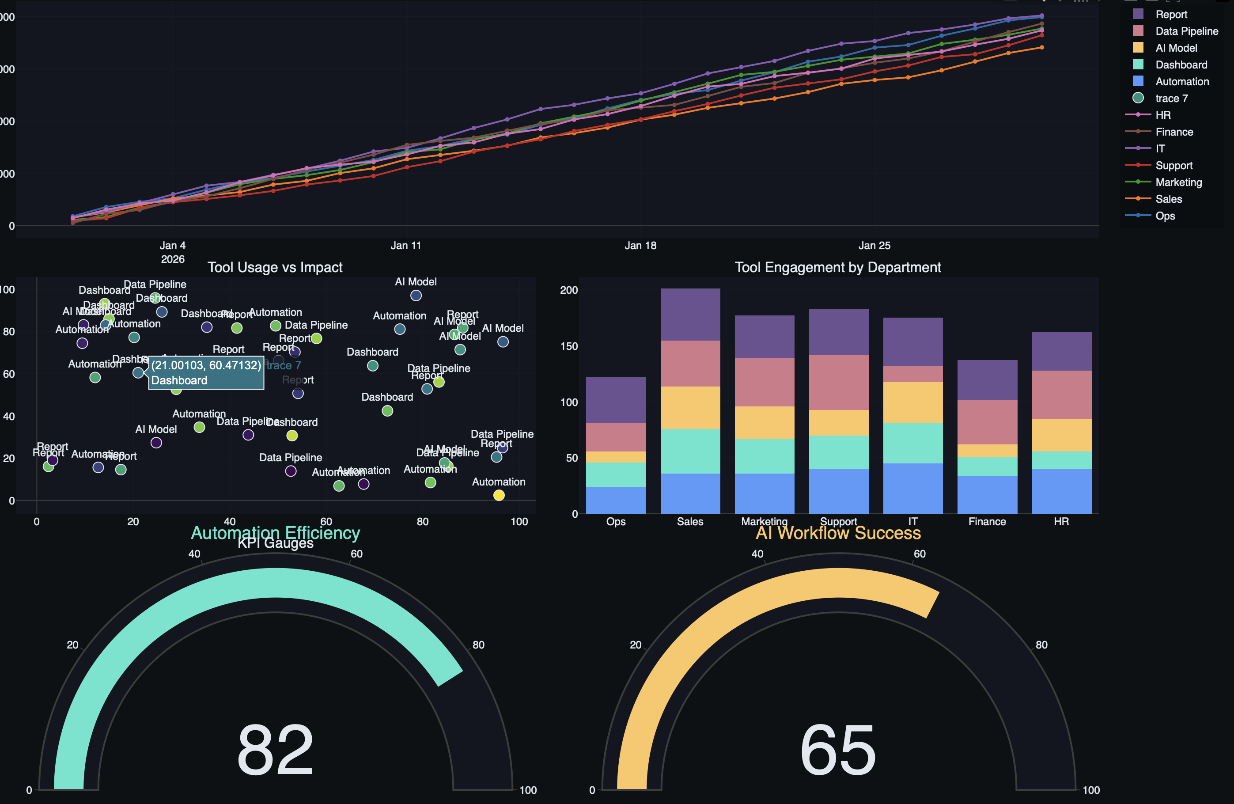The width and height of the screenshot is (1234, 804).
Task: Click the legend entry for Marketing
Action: pyautogui.click(x=1178, y=182)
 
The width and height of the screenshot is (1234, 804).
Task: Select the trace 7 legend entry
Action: pyautogui.click(x=1171, y=98)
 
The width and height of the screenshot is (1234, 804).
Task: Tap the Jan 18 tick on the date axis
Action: pyautogui.click(x=640, y=245)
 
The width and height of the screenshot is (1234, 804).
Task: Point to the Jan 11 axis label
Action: pyautogui.click(x=405, y=245)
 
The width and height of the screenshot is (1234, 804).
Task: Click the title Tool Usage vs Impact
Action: pyautogui.click(x=275, y=267)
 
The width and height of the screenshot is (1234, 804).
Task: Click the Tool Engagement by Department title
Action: pyautogui.click(x=837, y=267)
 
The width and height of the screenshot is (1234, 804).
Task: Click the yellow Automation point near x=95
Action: pyautogui.click(x=499, y=495)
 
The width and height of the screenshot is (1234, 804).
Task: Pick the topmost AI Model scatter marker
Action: pyautogui.click(x=416, y=296)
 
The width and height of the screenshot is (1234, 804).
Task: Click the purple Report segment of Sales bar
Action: pyautogui.click(x=690, y=315)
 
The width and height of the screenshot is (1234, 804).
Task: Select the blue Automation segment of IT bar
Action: pyautogui.click(x=912, y=488)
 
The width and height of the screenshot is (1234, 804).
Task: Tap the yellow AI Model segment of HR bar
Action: pyautogui.click(x=1061, y=435)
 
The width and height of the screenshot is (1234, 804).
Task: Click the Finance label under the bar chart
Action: pyautogui.click(x=987, y=521)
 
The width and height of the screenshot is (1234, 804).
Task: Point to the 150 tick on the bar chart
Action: pyautogui.click(x=569, y=346)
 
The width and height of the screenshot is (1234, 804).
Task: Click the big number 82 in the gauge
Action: pyautogui.click(x=275, y=750)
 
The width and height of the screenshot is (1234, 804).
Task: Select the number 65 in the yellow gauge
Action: pyautogui.click(x=838, y=750)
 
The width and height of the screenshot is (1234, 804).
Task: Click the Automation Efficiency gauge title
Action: pyautogui.click(x=275, y=533)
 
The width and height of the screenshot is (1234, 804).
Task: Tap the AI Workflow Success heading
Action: pyautogui.click(x=838, y=533)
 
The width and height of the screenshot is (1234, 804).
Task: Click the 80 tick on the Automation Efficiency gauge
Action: pyautogui.click(x=478, y=645)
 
